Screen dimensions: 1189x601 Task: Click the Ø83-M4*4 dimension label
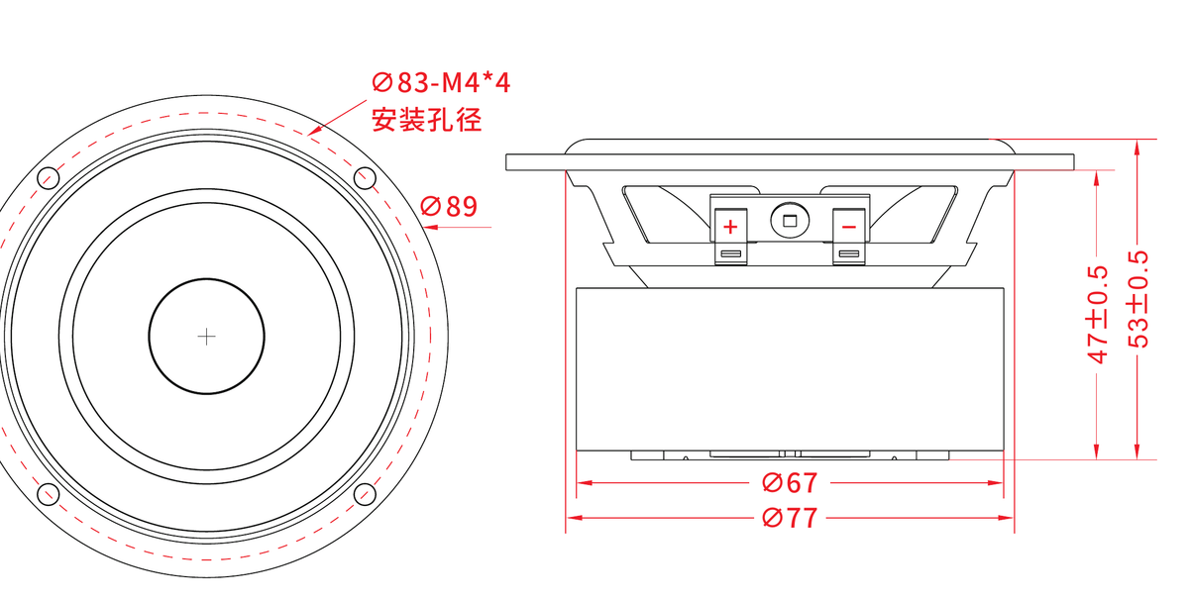click(x=441, y=83)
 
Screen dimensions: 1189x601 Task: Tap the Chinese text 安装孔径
click(x=427, y=120)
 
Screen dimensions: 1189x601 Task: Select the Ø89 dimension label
click(x=449, y=206)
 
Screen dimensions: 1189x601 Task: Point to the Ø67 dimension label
click(x=790, y=483)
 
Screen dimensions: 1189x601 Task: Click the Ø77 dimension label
click(x=790, y=518)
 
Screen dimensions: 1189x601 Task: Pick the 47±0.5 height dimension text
click(x=1097, y=315)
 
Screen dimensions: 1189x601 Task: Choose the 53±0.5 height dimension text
click(x=1137, y=300)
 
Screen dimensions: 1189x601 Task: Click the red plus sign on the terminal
click(x=730, y=227)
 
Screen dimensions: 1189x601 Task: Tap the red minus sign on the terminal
click(x=849, y=228)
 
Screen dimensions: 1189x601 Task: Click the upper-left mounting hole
click(x=49, y=177)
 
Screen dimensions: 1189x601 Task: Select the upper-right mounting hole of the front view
click(x=365, y=177)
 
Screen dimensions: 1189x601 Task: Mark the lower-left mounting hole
click(x=49, y=494)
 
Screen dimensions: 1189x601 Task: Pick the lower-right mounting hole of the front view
click(x=365, y=494)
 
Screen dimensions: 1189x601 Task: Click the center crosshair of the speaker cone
click(x=206, y=337)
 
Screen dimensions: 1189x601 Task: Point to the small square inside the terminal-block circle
click(x=790, y=221)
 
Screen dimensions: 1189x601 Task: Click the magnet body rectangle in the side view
click(x=790, y=369)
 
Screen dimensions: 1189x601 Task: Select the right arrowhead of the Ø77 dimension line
click(x=1007, y=518)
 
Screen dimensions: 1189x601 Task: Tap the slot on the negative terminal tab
click(x=849, y=254)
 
